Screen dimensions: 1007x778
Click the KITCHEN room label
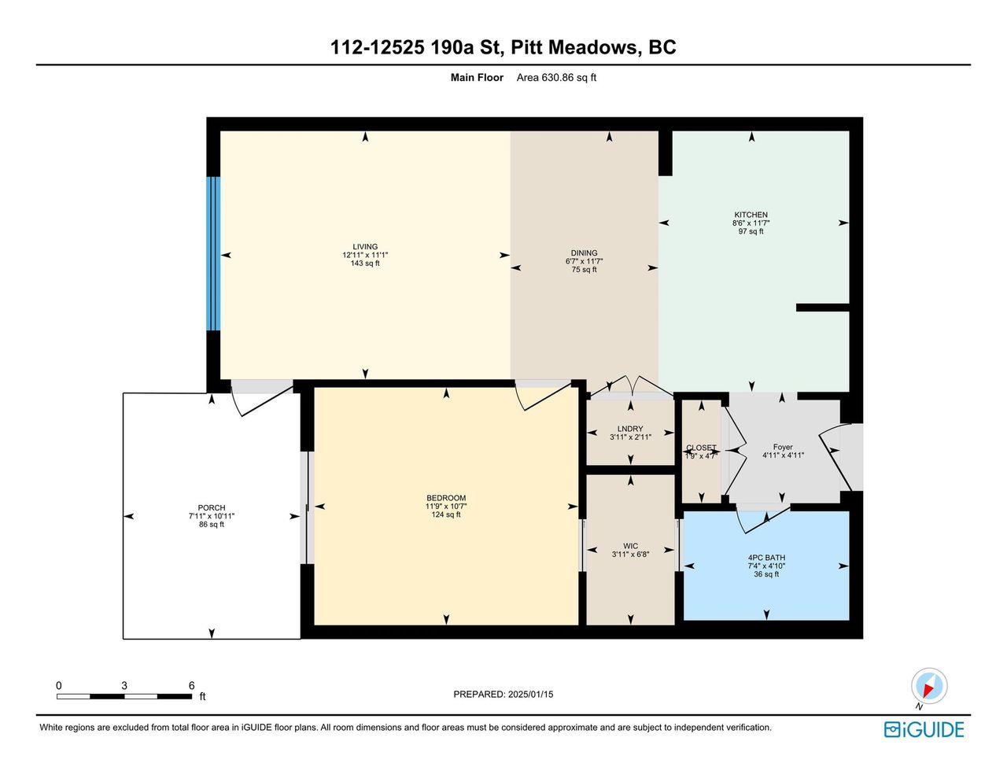[751, 215]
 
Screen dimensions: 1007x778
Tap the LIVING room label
[365, 246]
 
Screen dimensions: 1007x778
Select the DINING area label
[584, 253]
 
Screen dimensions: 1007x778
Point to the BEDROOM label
[446, 498]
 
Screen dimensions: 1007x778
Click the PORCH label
[212, 507]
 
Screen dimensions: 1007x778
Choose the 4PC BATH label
[766, 558]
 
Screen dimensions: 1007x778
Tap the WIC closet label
[630, 546]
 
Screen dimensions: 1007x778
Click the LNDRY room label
[630, 429]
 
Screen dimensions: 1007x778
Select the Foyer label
[783, 447]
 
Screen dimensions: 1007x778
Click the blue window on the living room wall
[213, 253]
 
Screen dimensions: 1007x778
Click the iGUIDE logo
[924, 729]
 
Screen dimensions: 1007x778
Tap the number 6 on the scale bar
[191, 685]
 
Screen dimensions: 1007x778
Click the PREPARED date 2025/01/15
[530, 694]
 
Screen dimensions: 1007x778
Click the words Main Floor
[477, 77]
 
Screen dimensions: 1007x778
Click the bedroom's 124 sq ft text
[446, 514]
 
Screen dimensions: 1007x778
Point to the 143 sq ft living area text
[365, 264]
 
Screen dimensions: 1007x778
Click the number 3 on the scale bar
[124, 685]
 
